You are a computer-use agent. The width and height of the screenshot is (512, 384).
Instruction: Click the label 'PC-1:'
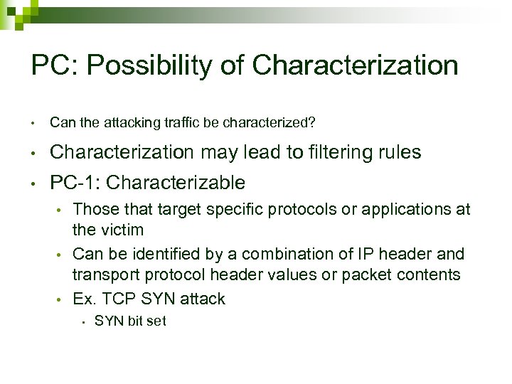point(75,183)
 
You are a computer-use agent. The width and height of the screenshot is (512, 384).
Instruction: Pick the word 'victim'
point(120,230)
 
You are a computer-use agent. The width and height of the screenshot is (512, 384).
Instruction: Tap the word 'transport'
point(107,274)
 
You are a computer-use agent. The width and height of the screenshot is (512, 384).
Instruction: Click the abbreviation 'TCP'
point(114,299)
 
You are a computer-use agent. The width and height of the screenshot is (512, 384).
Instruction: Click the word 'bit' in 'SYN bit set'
point(135,321)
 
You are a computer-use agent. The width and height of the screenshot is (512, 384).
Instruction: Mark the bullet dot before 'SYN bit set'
point(83,321)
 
